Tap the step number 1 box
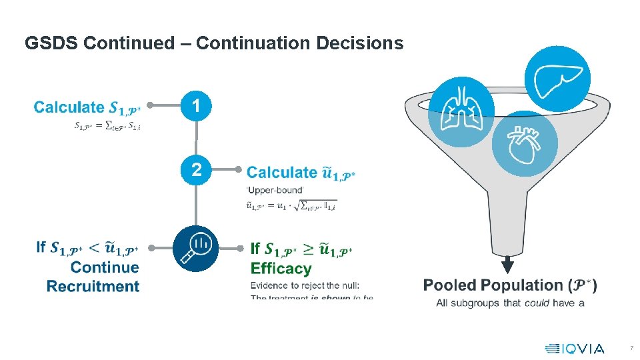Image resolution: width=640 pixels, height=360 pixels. [196, 105]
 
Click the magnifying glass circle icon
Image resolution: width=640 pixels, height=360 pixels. [196, 248]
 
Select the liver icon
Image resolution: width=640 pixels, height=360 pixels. [557, 78]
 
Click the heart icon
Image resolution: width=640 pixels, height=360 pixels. [525, 144]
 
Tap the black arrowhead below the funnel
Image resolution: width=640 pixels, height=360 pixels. [508, 266]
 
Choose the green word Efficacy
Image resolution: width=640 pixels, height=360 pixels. [281, 269]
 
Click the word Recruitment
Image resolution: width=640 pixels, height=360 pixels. [93, 287]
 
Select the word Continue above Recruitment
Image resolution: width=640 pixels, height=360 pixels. [105, 267]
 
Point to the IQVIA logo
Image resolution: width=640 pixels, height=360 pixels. [575, 348]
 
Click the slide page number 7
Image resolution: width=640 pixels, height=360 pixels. [631, 349]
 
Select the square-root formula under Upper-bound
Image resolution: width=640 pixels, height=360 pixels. [291, 205]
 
